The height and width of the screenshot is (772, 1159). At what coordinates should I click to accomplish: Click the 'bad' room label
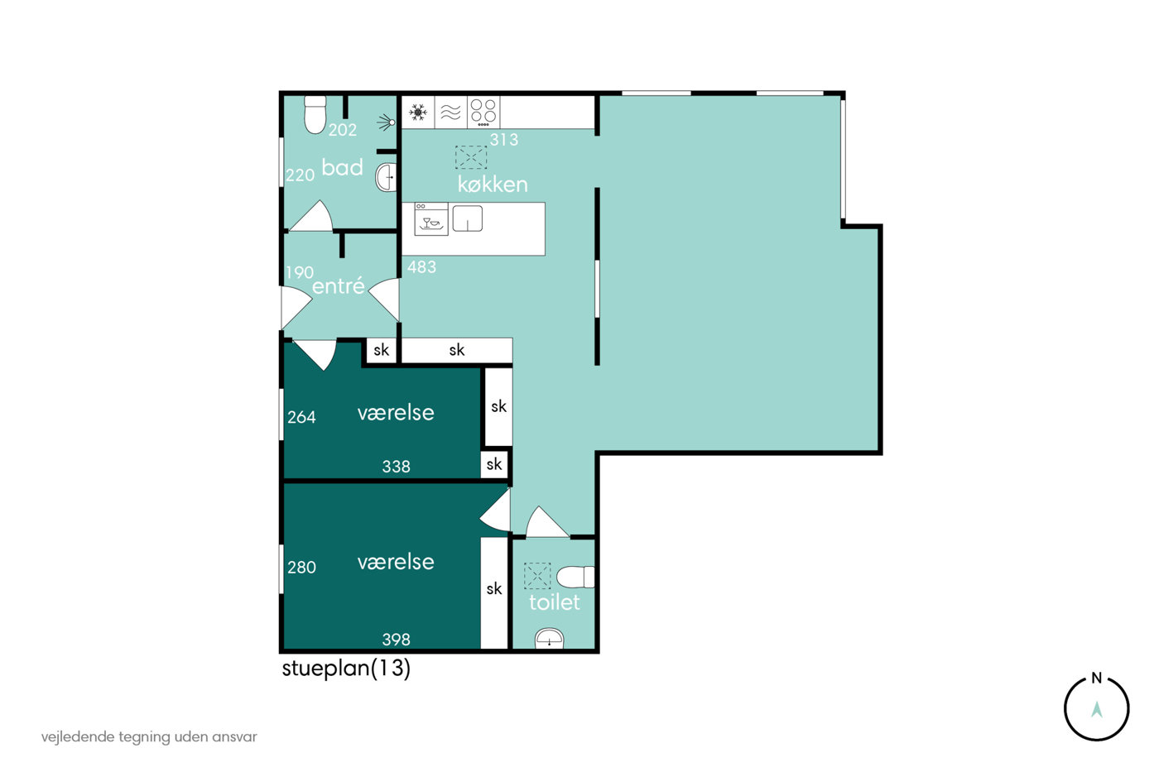(x=342, y=167)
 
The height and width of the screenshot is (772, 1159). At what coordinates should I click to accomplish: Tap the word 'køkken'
(x=493, y=185)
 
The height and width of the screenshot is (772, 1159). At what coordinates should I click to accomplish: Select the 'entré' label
(x=339, y=285)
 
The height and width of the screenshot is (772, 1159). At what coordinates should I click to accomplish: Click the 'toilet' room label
(x=554, y=602)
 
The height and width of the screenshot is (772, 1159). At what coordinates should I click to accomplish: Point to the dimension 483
(x=421, y=267)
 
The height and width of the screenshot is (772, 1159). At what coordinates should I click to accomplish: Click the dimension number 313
(x=504, y=140)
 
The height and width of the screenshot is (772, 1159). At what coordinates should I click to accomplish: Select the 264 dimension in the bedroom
(x=301, y=417)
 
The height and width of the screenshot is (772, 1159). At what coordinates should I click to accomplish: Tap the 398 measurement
(x=397, y=640)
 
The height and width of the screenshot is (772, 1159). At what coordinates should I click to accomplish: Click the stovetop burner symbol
(x=483, y=113)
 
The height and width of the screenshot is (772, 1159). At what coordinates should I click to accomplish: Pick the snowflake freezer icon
(x=418, y=113)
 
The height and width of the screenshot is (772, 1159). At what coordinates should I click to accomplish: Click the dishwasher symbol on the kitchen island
(x=431, y=219)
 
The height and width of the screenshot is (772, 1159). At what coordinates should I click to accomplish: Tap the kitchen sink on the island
(x=468, y=218)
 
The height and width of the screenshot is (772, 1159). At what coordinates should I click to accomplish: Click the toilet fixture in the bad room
(x=315, y=114)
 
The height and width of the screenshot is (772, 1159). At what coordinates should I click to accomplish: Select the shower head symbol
(x=387, y=122)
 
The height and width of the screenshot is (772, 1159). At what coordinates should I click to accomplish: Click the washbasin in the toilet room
(x=549, y=639)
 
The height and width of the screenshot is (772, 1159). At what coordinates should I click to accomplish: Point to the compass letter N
(x=1096, y=678)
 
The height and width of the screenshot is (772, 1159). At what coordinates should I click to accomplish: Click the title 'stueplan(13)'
(x=346, y=668)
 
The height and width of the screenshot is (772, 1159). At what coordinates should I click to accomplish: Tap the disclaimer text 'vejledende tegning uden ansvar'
(x=149, y=737)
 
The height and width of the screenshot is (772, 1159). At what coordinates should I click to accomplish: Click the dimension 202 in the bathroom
(x=343, y=130)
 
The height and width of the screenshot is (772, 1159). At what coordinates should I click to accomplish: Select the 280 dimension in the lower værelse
(x=301, y=568)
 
